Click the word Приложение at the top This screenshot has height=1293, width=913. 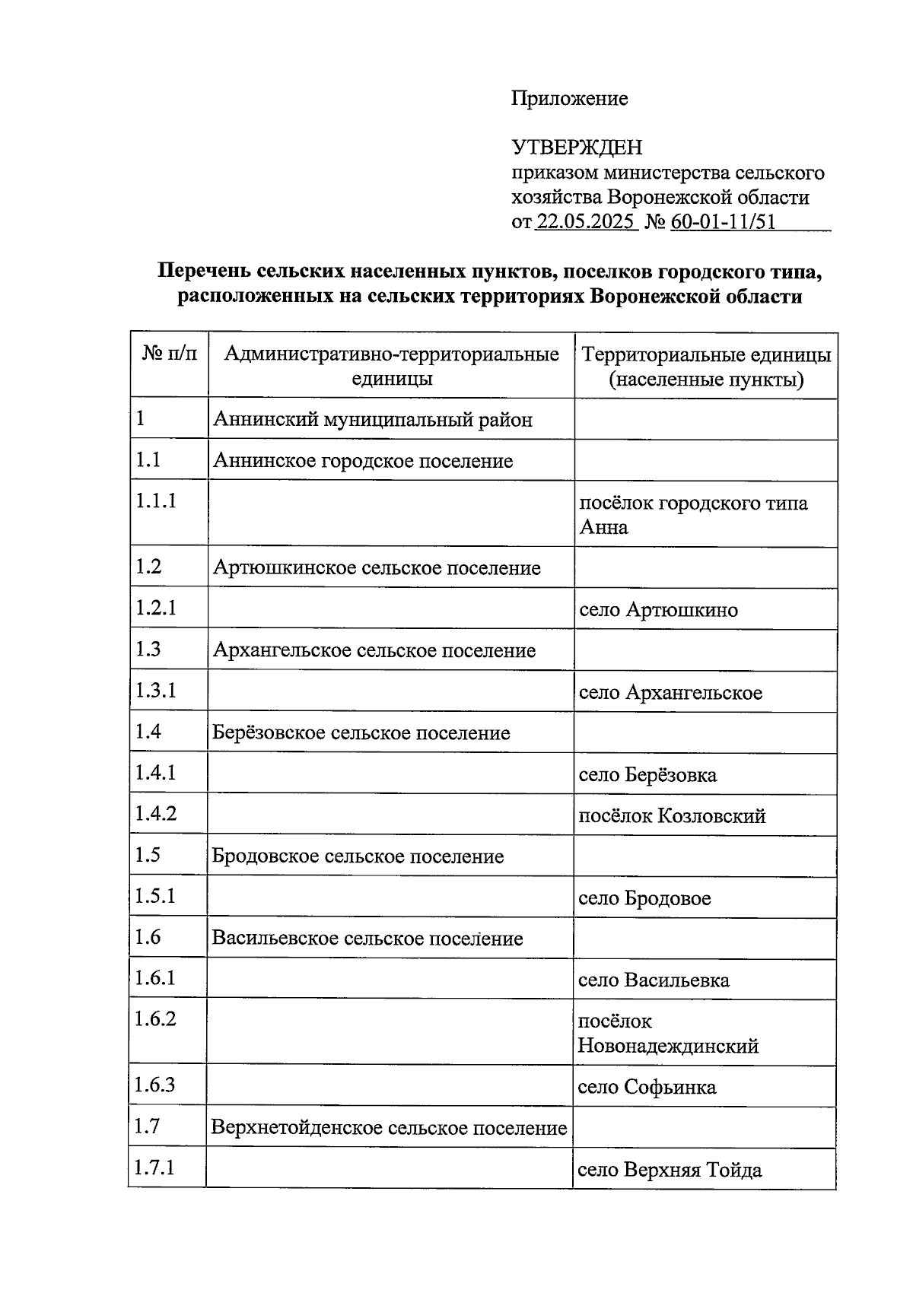(569, 98)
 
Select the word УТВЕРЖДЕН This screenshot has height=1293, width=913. (576, 147)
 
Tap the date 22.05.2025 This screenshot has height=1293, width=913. (586, 222)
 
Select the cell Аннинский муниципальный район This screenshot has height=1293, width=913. (373, 419)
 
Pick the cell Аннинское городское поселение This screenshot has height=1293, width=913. (363, 461)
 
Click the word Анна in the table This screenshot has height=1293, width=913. (603, 528)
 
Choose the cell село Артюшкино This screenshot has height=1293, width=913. (658, 610)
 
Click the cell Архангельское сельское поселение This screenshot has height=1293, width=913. (374, 651)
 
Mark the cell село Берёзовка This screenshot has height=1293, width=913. (647, 775)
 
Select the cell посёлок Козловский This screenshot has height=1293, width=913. (672, 816)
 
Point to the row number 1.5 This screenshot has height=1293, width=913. (148, 855)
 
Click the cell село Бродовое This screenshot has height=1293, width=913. (644, 898)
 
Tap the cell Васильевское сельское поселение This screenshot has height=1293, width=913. (367, 939)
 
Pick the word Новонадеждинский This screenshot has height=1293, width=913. (668, 1046)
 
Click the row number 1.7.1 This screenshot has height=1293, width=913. (154, 1167)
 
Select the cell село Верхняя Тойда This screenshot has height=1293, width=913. (670, 1170)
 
